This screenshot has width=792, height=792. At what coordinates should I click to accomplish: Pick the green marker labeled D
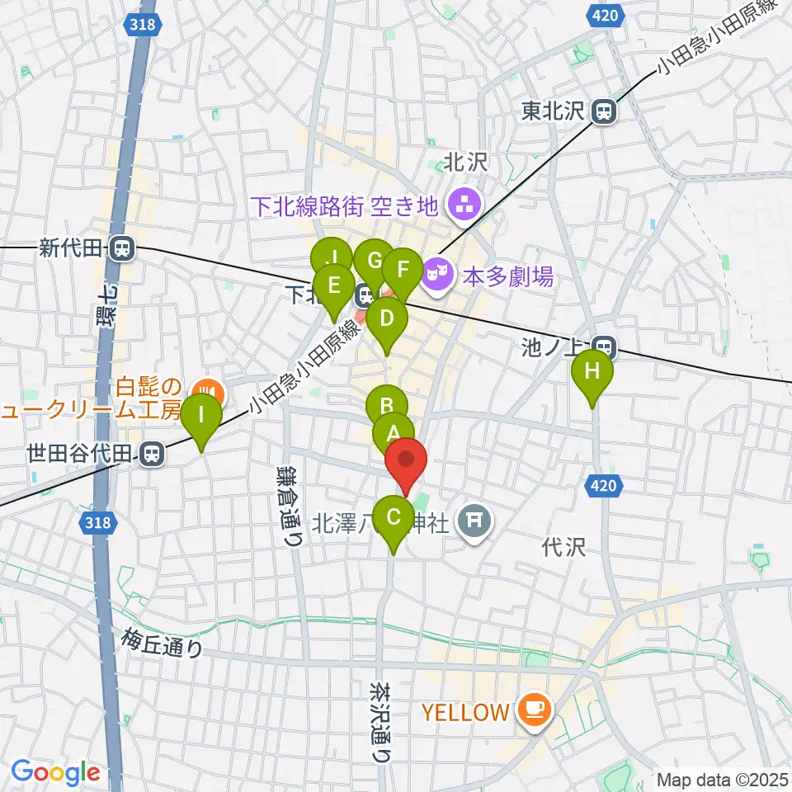click(x=387, y=318)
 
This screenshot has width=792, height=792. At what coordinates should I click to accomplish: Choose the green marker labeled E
click(x=334, y=285)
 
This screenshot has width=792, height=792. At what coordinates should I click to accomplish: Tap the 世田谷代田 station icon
click(x=150, y=452)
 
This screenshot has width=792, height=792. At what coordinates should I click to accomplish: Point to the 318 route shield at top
click(x=144, y=26)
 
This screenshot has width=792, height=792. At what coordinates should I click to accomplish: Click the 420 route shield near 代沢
click(x=604, y=487)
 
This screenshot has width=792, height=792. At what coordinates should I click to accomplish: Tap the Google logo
click(x=55, y=772)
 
